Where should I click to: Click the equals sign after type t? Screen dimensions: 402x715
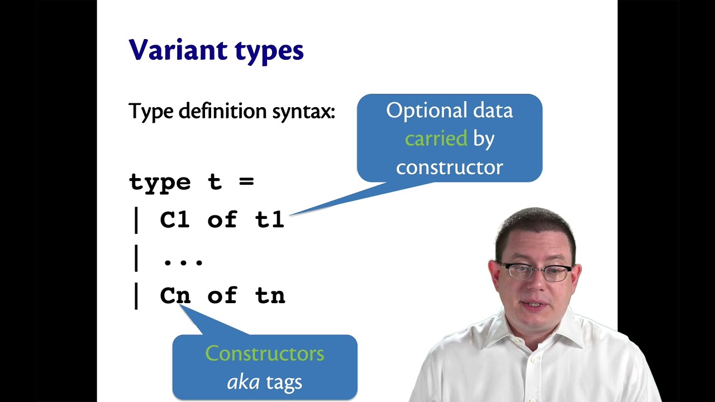[x=247, y=182]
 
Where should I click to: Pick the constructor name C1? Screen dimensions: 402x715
[x=175, y=220]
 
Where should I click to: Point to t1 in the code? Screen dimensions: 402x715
[x=270, y=220]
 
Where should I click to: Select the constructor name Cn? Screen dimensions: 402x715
[x=175, y=295]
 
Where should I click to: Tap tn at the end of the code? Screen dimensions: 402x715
[x=270, y=295]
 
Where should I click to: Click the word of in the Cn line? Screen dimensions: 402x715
[x=222, y=295]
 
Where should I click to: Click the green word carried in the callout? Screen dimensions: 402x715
[x=436, y=138]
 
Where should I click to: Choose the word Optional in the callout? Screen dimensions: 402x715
[x=419, y=111]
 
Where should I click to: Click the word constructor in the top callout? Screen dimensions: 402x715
[x=449, y=167]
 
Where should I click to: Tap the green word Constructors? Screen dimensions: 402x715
[x=264, y=353]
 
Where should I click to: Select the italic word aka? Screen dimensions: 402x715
[x=243, y=382]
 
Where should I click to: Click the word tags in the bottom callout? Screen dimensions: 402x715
[x=284, y=382]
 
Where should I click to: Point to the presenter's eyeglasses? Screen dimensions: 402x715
[x=535, y=271]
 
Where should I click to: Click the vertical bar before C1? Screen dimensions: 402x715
[x=136, y=220]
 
